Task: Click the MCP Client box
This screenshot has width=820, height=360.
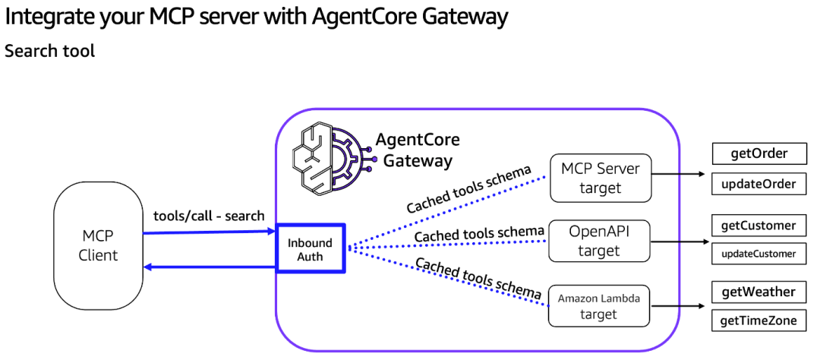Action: click(98, 245)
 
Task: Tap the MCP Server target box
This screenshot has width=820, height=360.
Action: click(601, 178)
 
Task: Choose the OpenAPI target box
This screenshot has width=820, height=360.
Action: click(599, 240)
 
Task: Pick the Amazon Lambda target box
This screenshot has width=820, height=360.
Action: click(599, 306)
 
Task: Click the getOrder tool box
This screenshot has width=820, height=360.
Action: click(758, 153)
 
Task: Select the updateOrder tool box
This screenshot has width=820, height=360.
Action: click(758, 184)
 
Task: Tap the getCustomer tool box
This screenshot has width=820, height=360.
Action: click(758, 225)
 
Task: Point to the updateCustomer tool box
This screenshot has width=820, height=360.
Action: click(758, 254)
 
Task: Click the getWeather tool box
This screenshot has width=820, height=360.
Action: click(758, 292)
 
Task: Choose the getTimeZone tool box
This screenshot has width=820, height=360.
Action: click(758, 321)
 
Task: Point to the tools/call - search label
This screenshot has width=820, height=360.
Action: click(209, 216)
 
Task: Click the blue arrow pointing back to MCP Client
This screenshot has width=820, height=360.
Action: click(210, 267)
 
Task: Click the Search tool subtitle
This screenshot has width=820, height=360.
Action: click(50, 52)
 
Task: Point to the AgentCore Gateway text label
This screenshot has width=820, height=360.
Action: click(418, 150)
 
